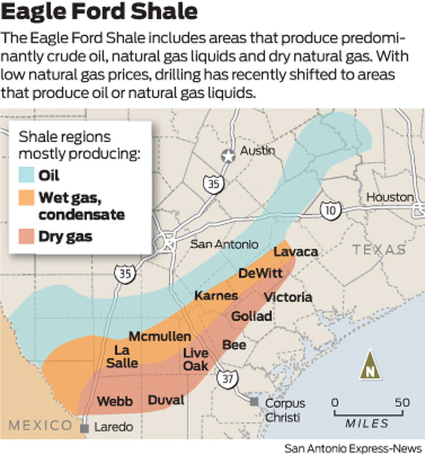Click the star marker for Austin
pos(228,156)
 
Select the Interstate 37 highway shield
pos(227,379)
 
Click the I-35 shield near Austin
pos(213,184)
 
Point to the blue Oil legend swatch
pos(27,175)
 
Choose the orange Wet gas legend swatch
pos(27,198)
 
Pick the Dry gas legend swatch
pos(27,236)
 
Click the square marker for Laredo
pos(84,428)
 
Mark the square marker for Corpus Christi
pos(254,402)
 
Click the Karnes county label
pos(216,295)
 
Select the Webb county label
pos(115,401)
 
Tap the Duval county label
pos(166,400)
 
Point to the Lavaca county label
pos(296,252)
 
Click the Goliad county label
pos(252,316)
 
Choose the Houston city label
pos(390,197)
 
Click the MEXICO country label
pos(40,425)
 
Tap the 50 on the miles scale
pos(402,403)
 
